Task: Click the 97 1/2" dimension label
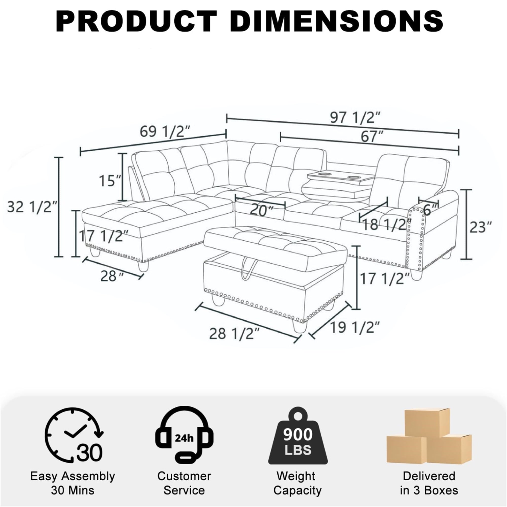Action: pos(355,117)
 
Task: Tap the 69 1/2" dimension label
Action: pos(165,131)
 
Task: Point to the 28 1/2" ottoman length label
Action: pos(234,334)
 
